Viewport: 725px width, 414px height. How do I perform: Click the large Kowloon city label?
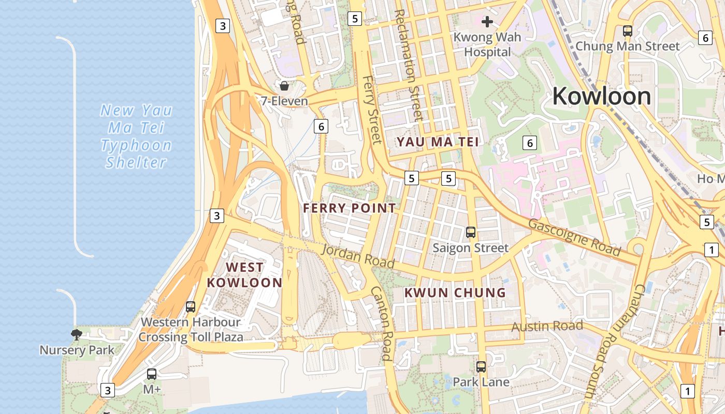(x=601, y=96)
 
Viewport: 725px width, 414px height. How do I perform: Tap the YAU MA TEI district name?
(x=438, y=142)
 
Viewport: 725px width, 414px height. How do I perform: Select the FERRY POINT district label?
(x=350, y=208)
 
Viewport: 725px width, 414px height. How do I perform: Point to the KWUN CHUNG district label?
(x=455, y=292)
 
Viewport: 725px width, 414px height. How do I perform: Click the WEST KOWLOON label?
(x=244, y=275)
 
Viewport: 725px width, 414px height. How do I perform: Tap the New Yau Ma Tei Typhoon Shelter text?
(x=136, y=136)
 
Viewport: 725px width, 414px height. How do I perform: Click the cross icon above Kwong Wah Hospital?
(x=487, y=22)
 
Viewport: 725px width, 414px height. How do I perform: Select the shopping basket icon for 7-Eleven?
(x=284, y=86)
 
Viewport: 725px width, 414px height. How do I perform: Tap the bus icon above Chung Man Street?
(x=628, y=31)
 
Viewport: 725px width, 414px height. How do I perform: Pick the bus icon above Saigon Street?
(x=471, y=232)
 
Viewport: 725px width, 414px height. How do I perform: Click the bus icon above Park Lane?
(x=481, y=367)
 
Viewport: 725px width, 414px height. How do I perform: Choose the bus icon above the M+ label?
(x=152, y=374)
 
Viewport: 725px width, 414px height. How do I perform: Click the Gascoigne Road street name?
(x=574, y=238)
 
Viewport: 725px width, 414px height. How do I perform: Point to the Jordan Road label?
(x=358, y=256)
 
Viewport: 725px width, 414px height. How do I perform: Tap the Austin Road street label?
(x=547, y=326)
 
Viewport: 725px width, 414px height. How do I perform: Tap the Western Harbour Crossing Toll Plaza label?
(x=191, y=330)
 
